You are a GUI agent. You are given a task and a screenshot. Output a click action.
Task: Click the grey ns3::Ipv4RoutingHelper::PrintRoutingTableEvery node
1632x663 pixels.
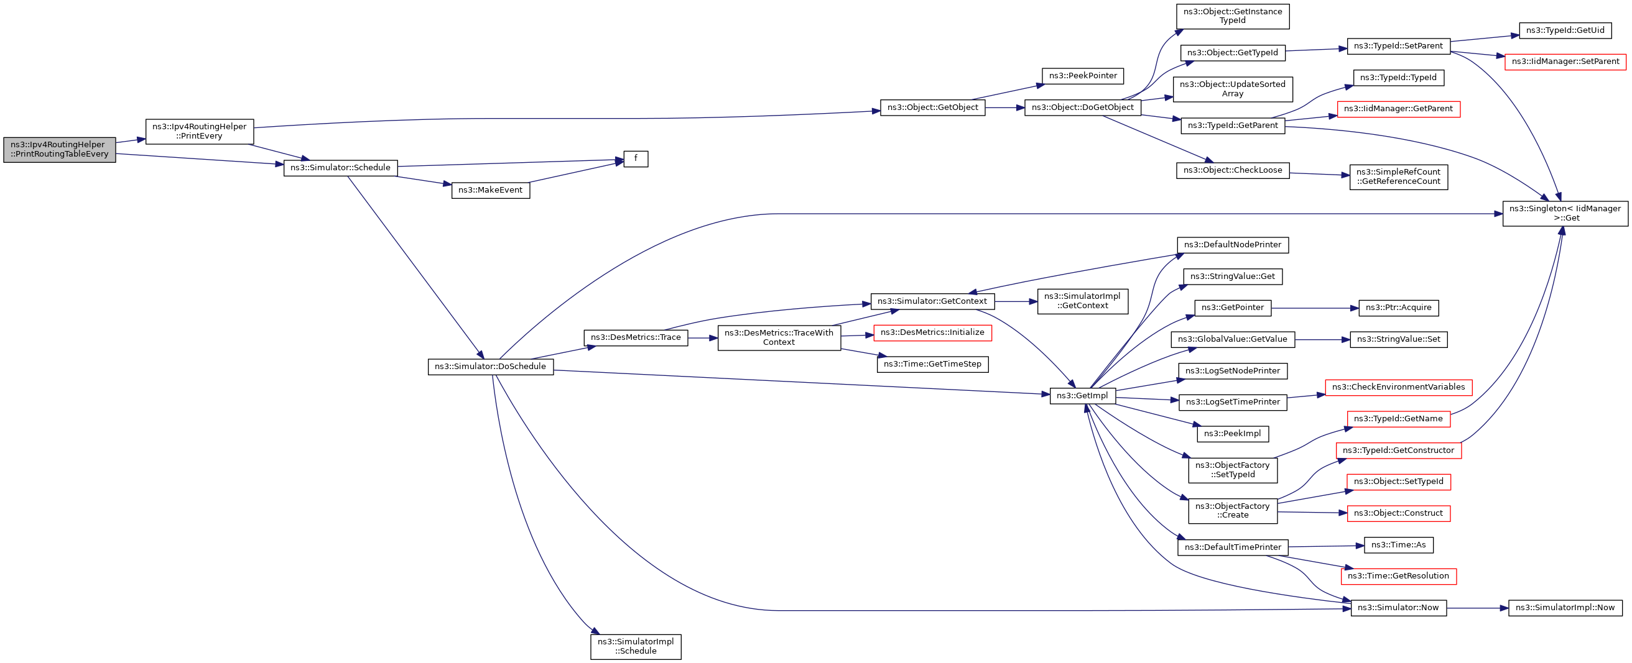tap(60, 150)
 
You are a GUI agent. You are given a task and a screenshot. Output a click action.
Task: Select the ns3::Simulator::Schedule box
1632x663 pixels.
tap(340, 168)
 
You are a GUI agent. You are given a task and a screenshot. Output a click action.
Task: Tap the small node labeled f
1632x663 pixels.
tap(636, 158)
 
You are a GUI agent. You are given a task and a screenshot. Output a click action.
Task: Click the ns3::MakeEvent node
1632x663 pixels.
tap(490, 190)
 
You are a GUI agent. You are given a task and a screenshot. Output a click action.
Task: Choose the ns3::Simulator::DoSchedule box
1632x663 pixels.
tap(490, 367)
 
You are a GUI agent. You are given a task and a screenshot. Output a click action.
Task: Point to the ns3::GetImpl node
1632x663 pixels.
tap(1082, 396)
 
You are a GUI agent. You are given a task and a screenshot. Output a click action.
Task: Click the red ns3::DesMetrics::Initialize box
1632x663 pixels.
tap(932, 332)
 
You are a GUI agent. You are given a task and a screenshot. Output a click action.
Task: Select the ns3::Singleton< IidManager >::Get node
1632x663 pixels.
tap(1565, 213)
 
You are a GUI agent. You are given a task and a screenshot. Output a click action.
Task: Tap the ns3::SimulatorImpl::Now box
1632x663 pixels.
tap(1565, 608)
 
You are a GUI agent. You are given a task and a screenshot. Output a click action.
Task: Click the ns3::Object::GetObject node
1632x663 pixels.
tap(932, 107)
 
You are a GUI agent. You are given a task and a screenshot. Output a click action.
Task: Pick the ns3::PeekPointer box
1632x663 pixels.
tap(1083, 76)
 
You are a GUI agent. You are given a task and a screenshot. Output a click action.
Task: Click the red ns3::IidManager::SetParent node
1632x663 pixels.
tap(1565, 62)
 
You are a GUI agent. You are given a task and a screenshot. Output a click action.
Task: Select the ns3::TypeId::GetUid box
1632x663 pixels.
tap(1565, 30)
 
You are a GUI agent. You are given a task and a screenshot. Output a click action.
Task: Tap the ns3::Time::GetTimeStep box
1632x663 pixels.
tap(932, 364)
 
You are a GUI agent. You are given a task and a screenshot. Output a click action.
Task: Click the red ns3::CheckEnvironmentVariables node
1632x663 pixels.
tap(1398, 387)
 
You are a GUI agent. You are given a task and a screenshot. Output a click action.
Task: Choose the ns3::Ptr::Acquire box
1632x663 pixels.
tap(1398, 308)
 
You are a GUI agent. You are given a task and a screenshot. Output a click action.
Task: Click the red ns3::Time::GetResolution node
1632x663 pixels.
tap(1398, 576)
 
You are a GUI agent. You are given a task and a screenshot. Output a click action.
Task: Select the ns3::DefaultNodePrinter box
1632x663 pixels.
tap(1232, 245)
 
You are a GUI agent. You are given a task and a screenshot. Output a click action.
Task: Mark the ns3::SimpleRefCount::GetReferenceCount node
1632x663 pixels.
tap(1398, 176)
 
